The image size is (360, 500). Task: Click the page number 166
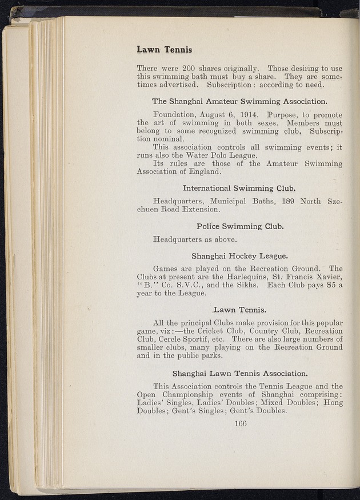point(239,424)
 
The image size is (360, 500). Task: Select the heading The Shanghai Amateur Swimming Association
point(239,102)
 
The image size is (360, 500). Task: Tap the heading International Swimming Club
point(239,187)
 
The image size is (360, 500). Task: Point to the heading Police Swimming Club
point(240,226)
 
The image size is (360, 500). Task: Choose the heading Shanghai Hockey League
point(240,255)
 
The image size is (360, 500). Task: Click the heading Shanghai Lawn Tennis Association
point(240,374)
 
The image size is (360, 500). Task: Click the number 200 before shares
point(186,66)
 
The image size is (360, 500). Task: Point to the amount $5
point(328,285)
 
